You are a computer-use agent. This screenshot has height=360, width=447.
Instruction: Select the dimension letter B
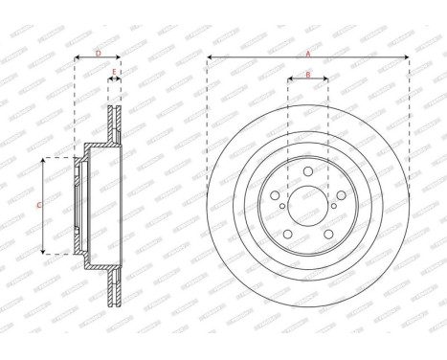point(307,74)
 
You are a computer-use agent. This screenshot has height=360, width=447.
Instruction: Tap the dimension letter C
point(38,205)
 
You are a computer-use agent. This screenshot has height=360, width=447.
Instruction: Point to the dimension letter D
point(98,55)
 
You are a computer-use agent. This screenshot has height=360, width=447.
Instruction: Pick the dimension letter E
point(114,73)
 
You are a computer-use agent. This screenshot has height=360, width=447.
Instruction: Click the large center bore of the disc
point(307,205)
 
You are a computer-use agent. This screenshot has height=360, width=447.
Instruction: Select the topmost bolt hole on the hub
point(307,172)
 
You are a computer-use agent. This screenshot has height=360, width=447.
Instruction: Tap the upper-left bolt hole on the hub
point(277,195)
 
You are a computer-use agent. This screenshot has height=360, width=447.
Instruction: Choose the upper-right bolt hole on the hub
point(338,195)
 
